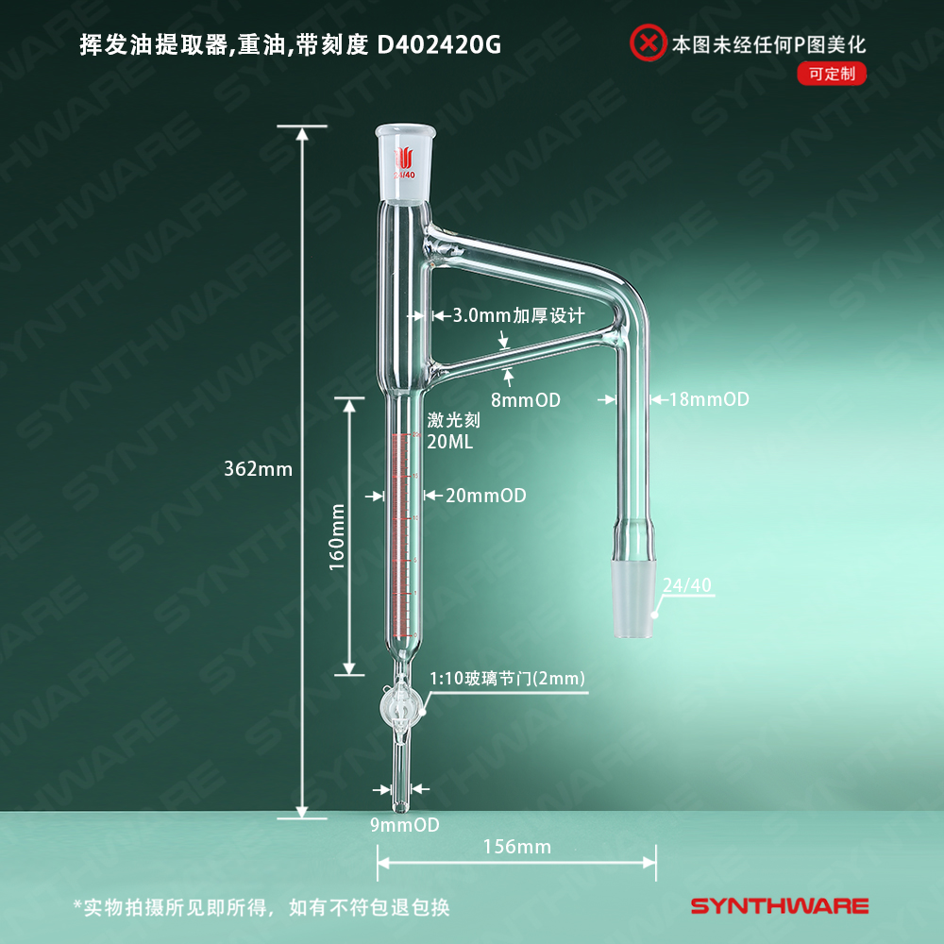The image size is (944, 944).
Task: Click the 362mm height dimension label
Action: (x=259, y=468)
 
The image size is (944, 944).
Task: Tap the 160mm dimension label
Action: (x=337, y=536)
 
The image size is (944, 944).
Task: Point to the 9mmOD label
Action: (x=405, y=824)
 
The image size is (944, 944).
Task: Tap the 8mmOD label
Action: (x=525, y=400)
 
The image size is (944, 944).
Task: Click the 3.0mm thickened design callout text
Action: (x=519, y=315)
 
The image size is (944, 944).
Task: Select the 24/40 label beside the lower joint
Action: (x=686, y=585)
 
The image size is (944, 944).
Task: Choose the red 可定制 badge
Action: (x=832, y=74)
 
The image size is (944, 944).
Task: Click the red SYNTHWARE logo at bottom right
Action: (x=780, y=906)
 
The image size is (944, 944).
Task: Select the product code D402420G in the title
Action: (x=439, y=43)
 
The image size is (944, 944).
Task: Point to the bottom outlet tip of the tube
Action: (x=403, y=805)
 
